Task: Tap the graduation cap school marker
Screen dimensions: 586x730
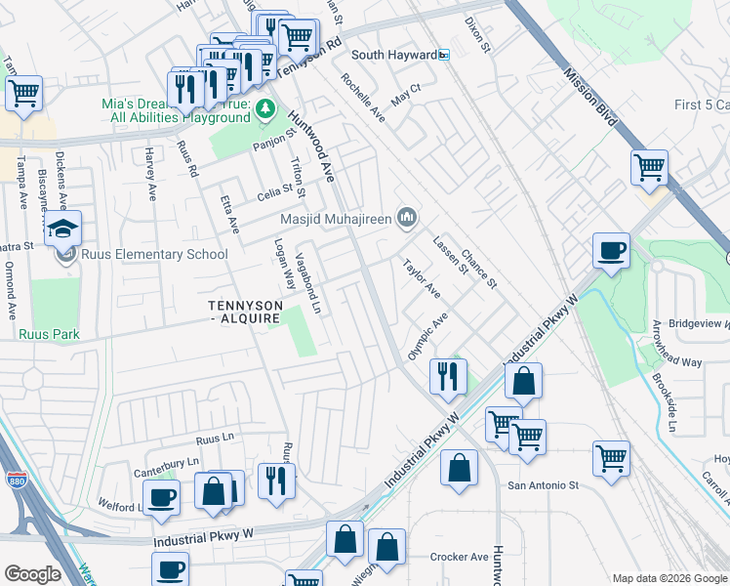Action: point(63,230)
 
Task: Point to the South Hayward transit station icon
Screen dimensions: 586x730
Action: point(443,55)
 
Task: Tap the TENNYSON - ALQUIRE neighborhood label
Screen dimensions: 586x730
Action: point(246,313)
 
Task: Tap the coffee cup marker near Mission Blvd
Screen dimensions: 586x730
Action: point(611,251)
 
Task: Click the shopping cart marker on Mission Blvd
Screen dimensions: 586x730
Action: point(648,167)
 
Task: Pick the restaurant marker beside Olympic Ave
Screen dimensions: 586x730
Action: point(447,375)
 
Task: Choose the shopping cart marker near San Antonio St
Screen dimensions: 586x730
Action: point(611,458)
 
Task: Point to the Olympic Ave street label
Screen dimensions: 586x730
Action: point(427,337)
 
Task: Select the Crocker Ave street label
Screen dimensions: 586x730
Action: point(459,558)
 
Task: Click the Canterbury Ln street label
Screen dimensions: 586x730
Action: point(167,460)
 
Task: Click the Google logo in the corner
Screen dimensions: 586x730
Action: point(32,574)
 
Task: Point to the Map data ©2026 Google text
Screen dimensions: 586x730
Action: point(669,578)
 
